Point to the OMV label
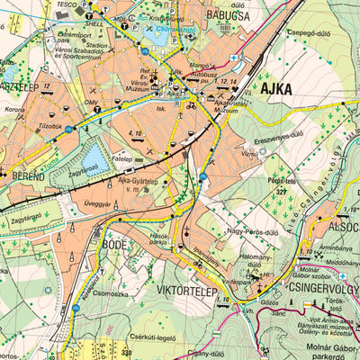click(91, 103)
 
